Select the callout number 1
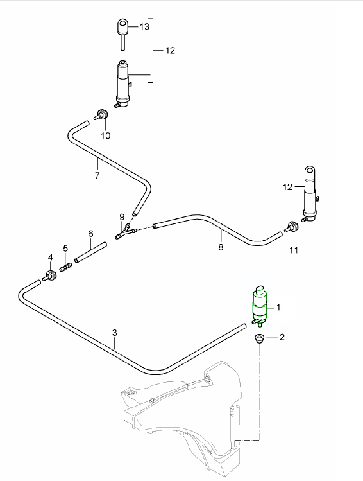pyautogui.click(x=278, y=307)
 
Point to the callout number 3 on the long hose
pyautogui.click(x=115, y=333)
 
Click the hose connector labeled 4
pyautogui.click(x=50, y=277)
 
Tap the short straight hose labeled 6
pyautogui.click(x=90, y=250)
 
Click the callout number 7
pyautogui.click(x=97, y=175)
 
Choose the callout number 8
pyautogui.click(x=221, y=247)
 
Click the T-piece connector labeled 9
pyautogui.click(x=124, y=230)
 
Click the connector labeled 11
pyautogui.click(x=292, y=228)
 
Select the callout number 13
pyautogui.click(x=144, y=26)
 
